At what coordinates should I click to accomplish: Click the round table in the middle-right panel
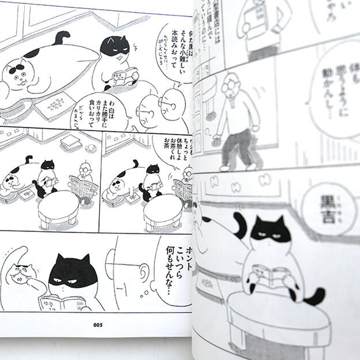click(163, 210)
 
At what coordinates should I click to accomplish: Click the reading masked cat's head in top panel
click(114, 47)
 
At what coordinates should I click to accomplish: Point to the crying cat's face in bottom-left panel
click(20, 273)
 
